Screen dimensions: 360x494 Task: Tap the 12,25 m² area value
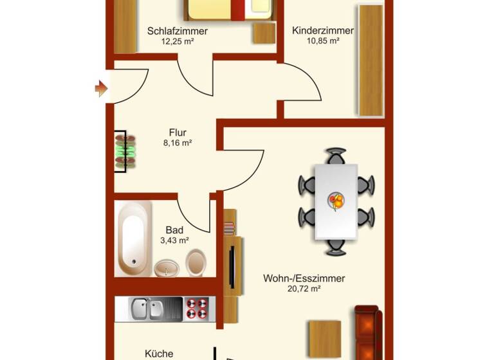[177, 41]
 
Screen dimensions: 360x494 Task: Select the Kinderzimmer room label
[323, 31]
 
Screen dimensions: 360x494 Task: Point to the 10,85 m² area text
[323, 40]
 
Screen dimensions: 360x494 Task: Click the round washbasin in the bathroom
[167, 267]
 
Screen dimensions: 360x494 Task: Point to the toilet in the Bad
[196, 262]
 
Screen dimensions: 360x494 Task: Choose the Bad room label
[174, 230]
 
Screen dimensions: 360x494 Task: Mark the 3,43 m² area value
[174, 240]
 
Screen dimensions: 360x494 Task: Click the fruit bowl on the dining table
[336, 201]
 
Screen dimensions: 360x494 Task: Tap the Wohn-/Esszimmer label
[304, 279]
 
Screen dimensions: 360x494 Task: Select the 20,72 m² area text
[304, 289]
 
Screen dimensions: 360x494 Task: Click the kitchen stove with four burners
[199, 309]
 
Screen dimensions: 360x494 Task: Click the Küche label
[159, 354]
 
